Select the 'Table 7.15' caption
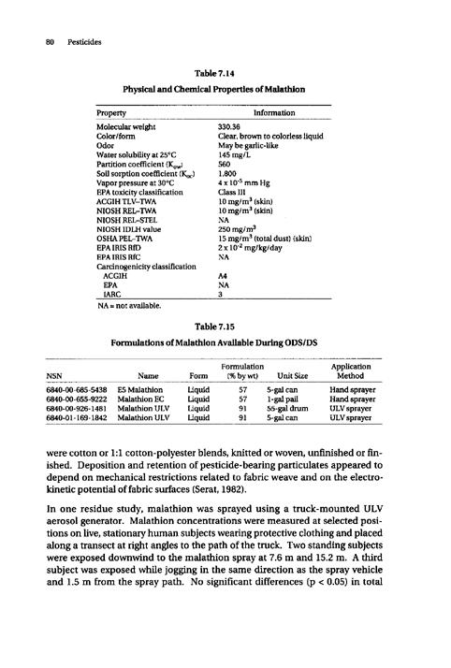pyautogui.click(x=225, y=331)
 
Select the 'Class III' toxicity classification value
pyautogui.click(x=232, y=196)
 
